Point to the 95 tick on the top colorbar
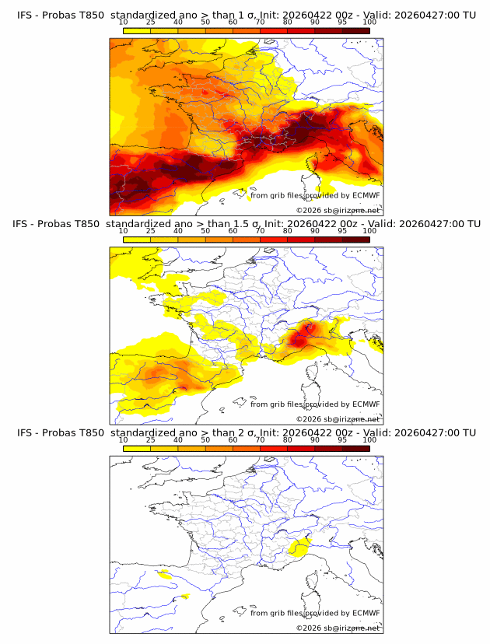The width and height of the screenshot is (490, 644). [341, 23]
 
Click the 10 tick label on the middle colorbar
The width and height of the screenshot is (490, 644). [123, 231]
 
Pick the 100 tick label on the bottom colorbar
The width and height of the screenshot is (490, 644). [369, 439]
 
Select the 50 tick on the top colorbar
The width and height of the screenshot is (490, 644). [205, 23]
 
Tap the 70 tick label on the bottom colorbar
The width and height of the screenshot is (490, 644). [260, 439]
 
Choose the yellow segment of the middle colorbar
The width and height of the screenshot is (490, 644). [136, 240]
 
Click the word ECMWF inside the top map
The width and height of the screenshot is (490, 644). [366, 196]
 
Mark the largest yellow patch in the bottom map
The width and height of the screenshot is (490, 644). [297, 548]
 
